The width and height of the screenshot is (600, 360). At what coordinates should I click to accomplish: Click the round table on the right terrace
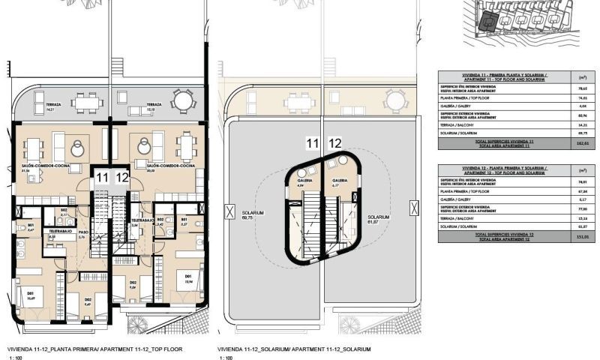click(181, 100)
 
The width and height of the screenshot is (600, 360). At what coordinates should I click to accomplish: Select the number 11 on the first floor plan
click(100, 178)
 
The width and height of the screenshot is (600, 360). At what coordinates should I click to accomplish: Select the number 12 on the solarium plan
click(335, 142)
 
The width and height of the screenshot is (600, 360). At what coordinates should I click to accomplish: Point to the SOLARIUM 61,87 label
click(379, 218)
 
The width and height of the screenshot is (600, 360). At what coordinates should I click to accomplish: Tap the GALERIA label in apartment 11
click(305, 181)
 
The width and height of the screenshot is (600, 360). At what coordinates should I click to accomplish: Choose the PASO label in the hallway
click(83, 233)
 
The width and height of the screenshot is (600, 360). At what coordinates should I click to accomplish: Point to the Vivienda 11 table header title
click(493, 76)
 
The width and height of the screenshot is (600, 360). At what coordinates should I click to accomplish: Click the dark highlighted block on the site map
click(488, 23)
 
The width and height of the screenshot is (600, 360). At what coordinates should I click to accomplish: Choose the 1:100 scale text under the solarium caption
click(224, 358)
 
